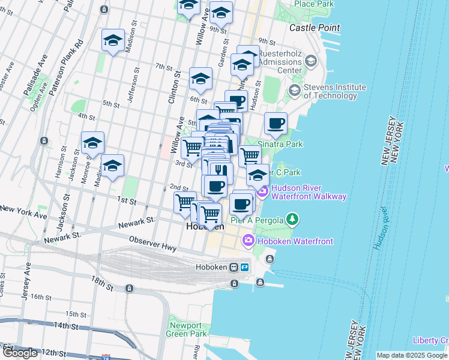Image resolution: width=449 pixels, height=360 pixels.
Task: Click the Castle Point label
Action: coord(315,28)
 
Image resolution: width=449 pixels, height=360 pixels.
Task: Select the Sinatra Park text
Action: coord(280,145)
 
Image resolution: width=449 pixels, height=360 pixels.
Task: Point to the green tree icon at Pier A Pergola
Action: coord(292,219)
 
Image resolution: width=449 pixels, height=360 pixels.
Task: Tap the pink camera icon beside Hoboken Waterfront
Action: coord(248,241)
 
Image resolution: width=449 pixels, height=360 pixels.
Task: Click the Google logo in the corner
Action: coord(20,353)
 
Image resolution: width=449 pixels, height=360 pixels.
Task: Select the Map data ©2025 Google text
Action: coord(412,355)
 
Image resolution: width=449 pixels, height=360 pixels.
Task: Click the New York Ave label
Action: coord(23,210)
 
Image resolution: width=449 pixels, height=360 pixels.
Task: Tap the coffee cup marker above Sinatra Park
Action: coord(276,124)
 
